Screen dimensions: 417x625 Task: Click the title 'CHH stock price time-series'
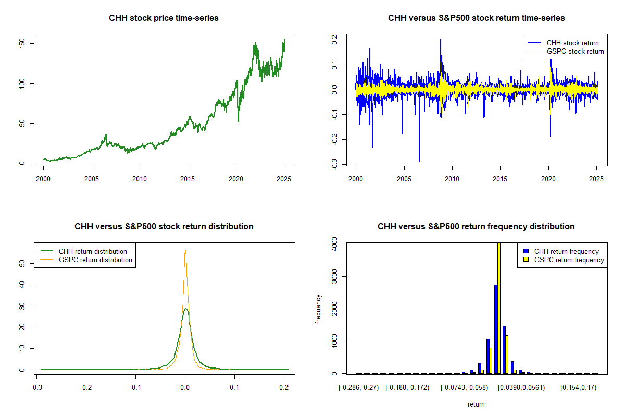click(164, 18)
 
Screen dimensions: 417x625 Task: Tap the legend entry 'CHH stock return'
click(572, 43)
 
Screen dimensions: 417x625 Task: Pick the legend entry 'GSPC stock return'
click(575, 51)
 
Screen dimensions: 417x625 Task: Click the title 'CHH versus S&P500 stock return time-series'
click(476, 18)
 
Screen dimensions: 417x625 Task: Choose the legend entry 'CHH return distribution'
click(93, 251)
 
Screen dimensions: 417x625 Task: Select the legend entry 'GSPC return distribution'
click(95, 260)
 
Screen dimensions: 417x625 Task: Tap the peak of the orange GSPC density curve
click(185, 250)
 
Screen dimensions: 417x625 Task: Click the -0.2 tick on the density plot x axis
click(86, 388)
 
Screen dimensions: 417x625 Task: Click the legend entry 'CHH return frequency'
click(566, 251)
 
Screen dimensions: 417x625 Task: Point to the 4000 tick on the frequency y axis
click(335, 243)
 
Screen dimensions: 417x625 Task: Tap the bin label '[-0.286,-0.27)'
click(360, 388)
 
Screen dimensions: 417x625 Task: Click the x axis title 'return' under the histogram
click(476, 404)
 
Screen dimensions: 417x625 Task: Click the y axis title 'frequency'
click(319, 309)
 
